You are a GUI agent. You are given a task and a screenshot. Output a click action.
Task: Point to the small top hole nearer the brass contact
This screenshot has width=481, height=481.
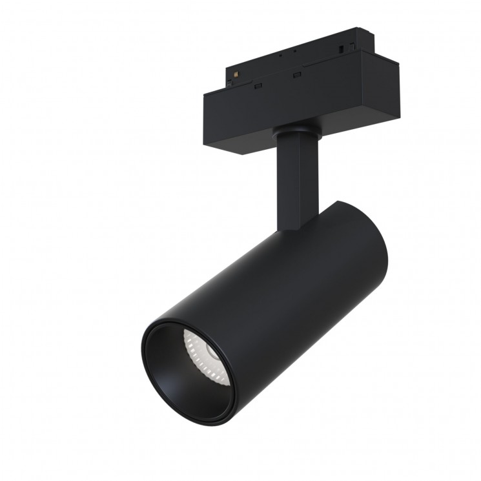click(280, 55)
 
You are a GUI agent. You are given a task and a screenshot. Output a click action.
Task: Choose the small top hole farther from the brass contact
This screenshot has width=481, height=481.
click(294, 50)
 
